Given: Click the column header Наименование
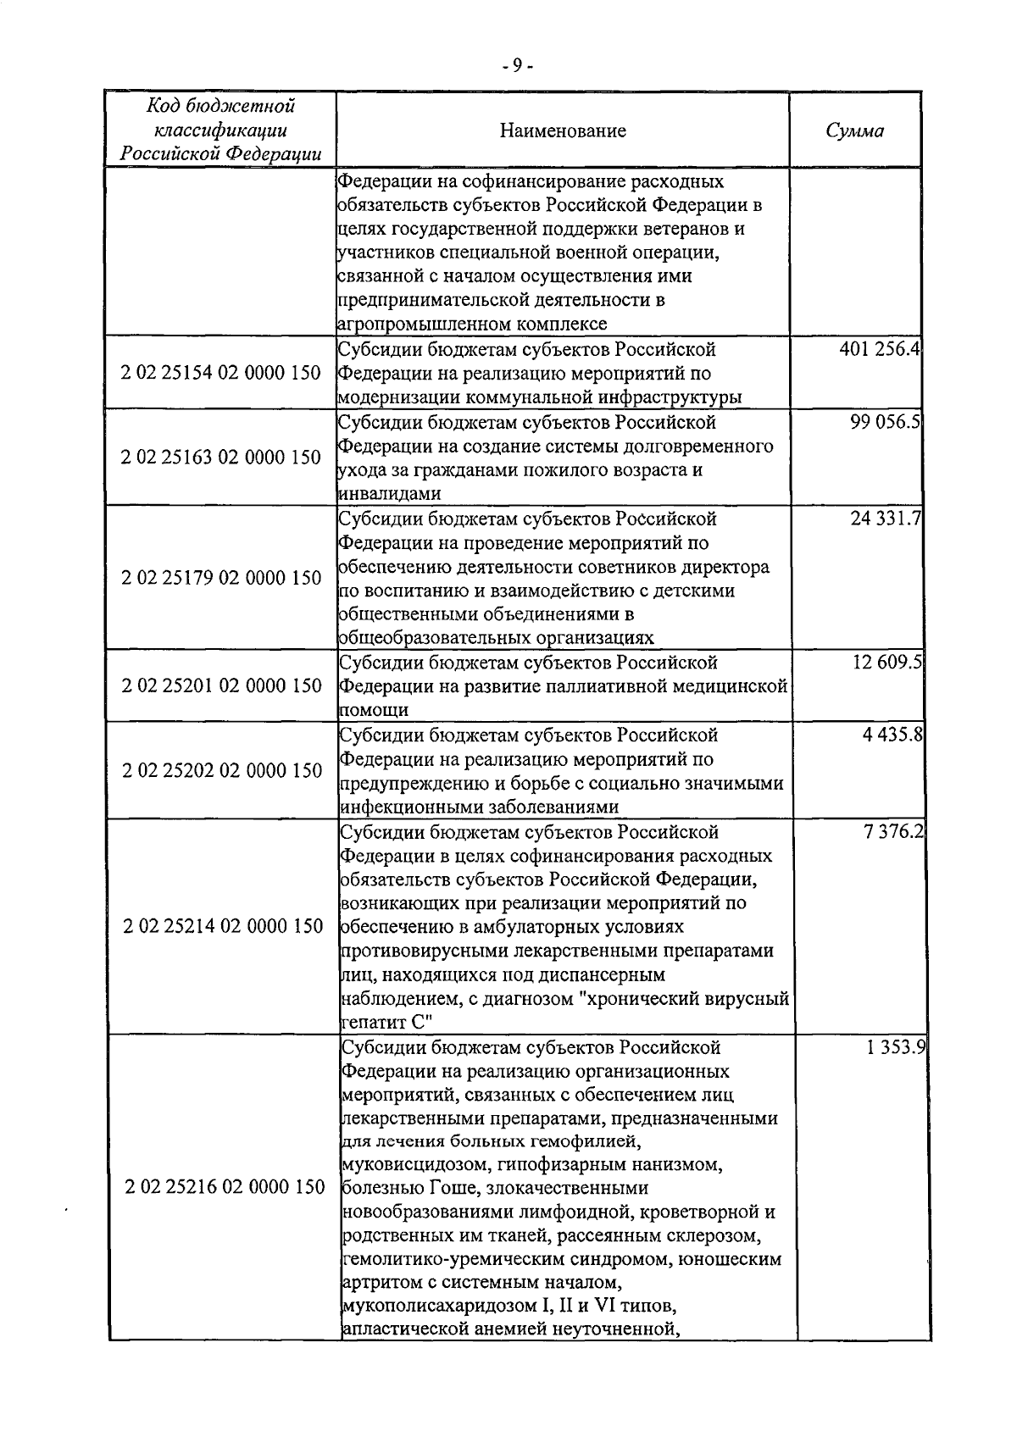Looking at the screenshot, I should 563,130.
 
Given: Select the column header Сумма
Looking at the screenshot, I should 854,130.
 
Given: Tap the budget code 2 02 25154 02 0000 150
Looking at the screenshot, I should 222,374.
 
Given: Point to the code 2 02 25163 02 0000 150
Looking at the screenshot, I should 222,458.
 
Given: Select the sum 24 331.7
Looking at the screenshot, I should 886,519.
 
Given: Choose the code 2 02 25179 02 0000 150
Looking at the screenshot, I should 222,578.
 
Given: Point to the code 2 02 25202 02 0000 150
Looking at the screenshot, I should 222,770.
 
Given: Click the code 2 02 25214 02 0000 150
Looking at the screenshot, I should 223,926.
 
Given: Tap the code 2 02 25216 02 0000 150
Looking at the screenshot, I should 225,1187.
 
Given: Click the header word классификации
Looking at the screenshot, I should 220,130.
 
